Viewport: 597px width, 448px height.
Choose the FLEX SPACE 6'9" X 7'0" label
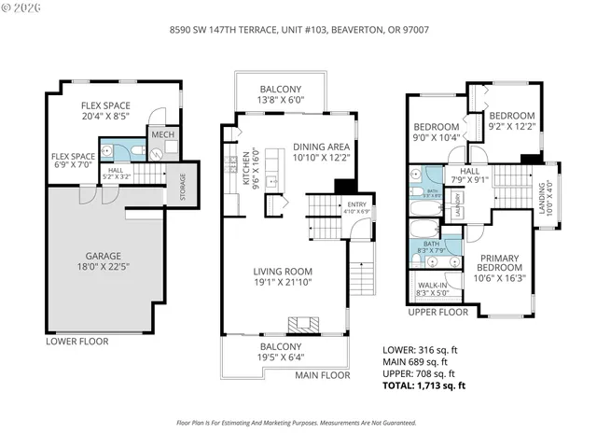coord(73,161)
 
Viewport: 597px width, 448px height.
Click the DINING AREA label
coord(321,152)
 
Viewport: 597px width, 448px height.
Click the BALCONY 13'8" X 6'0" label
coord(280,92)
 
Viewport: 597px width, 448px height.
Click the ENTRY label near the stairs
coord(357,208)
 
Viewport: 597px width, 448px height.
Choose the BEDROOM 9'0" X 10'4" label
coord(437,132)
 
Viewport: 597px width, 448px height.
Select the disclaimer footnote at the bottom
coord(298,423)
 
